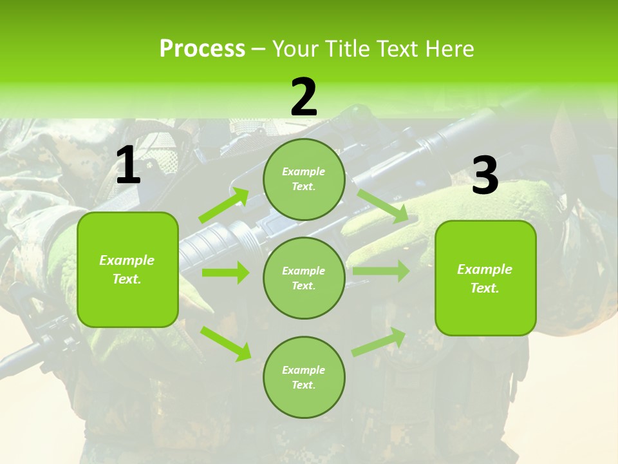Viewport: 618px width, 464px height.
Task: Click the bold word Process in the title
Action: [202, 48]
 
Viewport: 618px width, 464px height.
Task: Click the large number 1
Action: [128, 166]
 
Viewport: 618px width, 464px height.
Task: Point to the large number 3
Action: [485, 175]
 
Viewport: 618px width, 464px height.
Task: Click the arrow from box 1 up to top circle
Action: [224, 206]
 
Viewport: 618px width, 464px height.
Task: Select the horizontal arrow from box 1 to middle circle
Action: [225, 273]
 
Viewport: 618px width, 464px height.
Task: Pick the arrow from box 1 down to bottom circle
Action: [225, 343]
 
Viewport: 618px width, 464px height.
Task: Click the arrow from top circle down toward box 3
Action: [383, 206]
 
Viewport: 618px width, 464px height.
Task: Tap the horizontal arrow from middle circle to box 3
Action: [381, 271]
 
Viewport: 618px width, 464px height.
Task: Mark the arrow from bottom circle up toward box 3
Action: [379, 343]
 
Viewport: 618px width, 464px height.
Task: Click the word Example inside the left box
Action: [127, 260]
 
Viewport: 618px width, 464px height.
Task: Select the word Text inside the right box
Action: [484, 288]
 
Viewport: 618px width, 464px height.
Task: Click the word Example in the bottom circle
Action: [303, 370]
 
